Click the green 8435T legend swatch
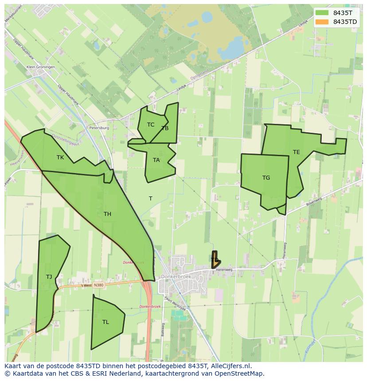[x=322, y=13]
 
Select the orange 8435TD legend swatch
[x=322, y=22]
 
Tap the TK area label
[x=60, y=158]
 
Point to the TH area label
[x=107, y=214]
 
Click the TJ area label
[x=49, y=277]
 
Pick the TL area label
[x=105, y=322]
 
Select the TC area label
[x=151, y=125]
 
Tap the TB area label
[x=165, y=128]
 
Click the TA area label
[x=156, y=160]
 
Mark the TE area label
[x=296, y=152]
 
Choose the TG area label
[x=266, y=178]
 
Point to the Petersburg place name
[x=99, y=128]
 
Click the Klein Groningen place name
[x=41, y=67]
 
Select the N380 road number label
[x=98, y=285]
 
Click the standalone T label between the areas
[x=151, y=199]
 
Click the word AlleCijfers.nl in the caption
[x=230, y=366]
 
